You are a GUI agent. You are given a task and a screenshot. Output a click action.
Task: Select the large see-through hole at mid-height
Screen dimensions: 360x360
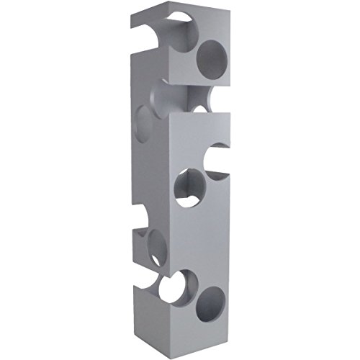(191, 186)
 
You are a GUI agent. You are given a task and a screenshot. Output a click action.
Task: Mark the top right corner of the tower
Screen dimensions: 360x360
(230, 12)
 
